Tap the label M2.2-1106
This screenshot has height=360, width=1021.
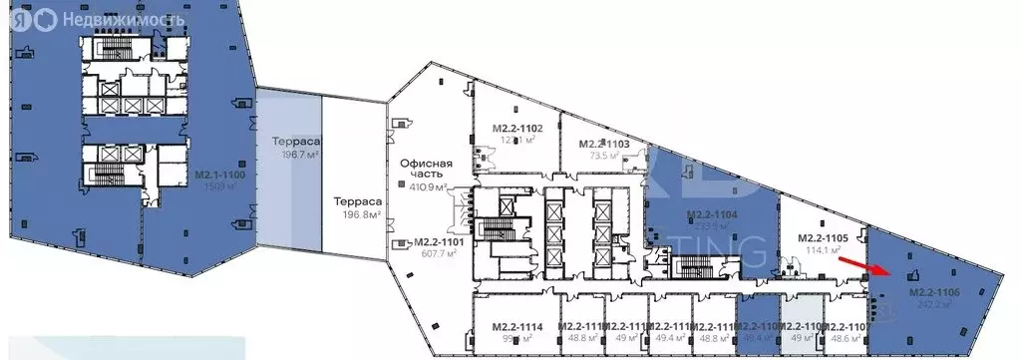point(934,292)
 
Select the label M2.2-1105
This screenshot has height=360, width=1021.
point(824,239)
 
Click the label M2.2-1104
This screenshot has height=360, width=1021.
point(712,214)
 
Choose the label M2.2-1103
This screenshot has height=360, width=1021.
point(604,144)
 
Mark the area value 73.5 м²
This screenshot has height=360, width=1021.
point(605,157)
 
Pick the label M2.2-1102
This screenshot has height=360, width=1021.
point(517,129)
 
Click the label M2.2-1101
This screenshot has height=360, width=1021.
point(438,241)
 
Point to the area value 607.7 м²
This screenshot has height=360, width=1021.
point(438,253)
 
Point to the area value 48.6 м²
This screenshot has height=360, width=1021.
point(844,339)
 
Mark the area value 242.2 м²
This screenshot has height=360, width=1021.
point(934,304)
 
